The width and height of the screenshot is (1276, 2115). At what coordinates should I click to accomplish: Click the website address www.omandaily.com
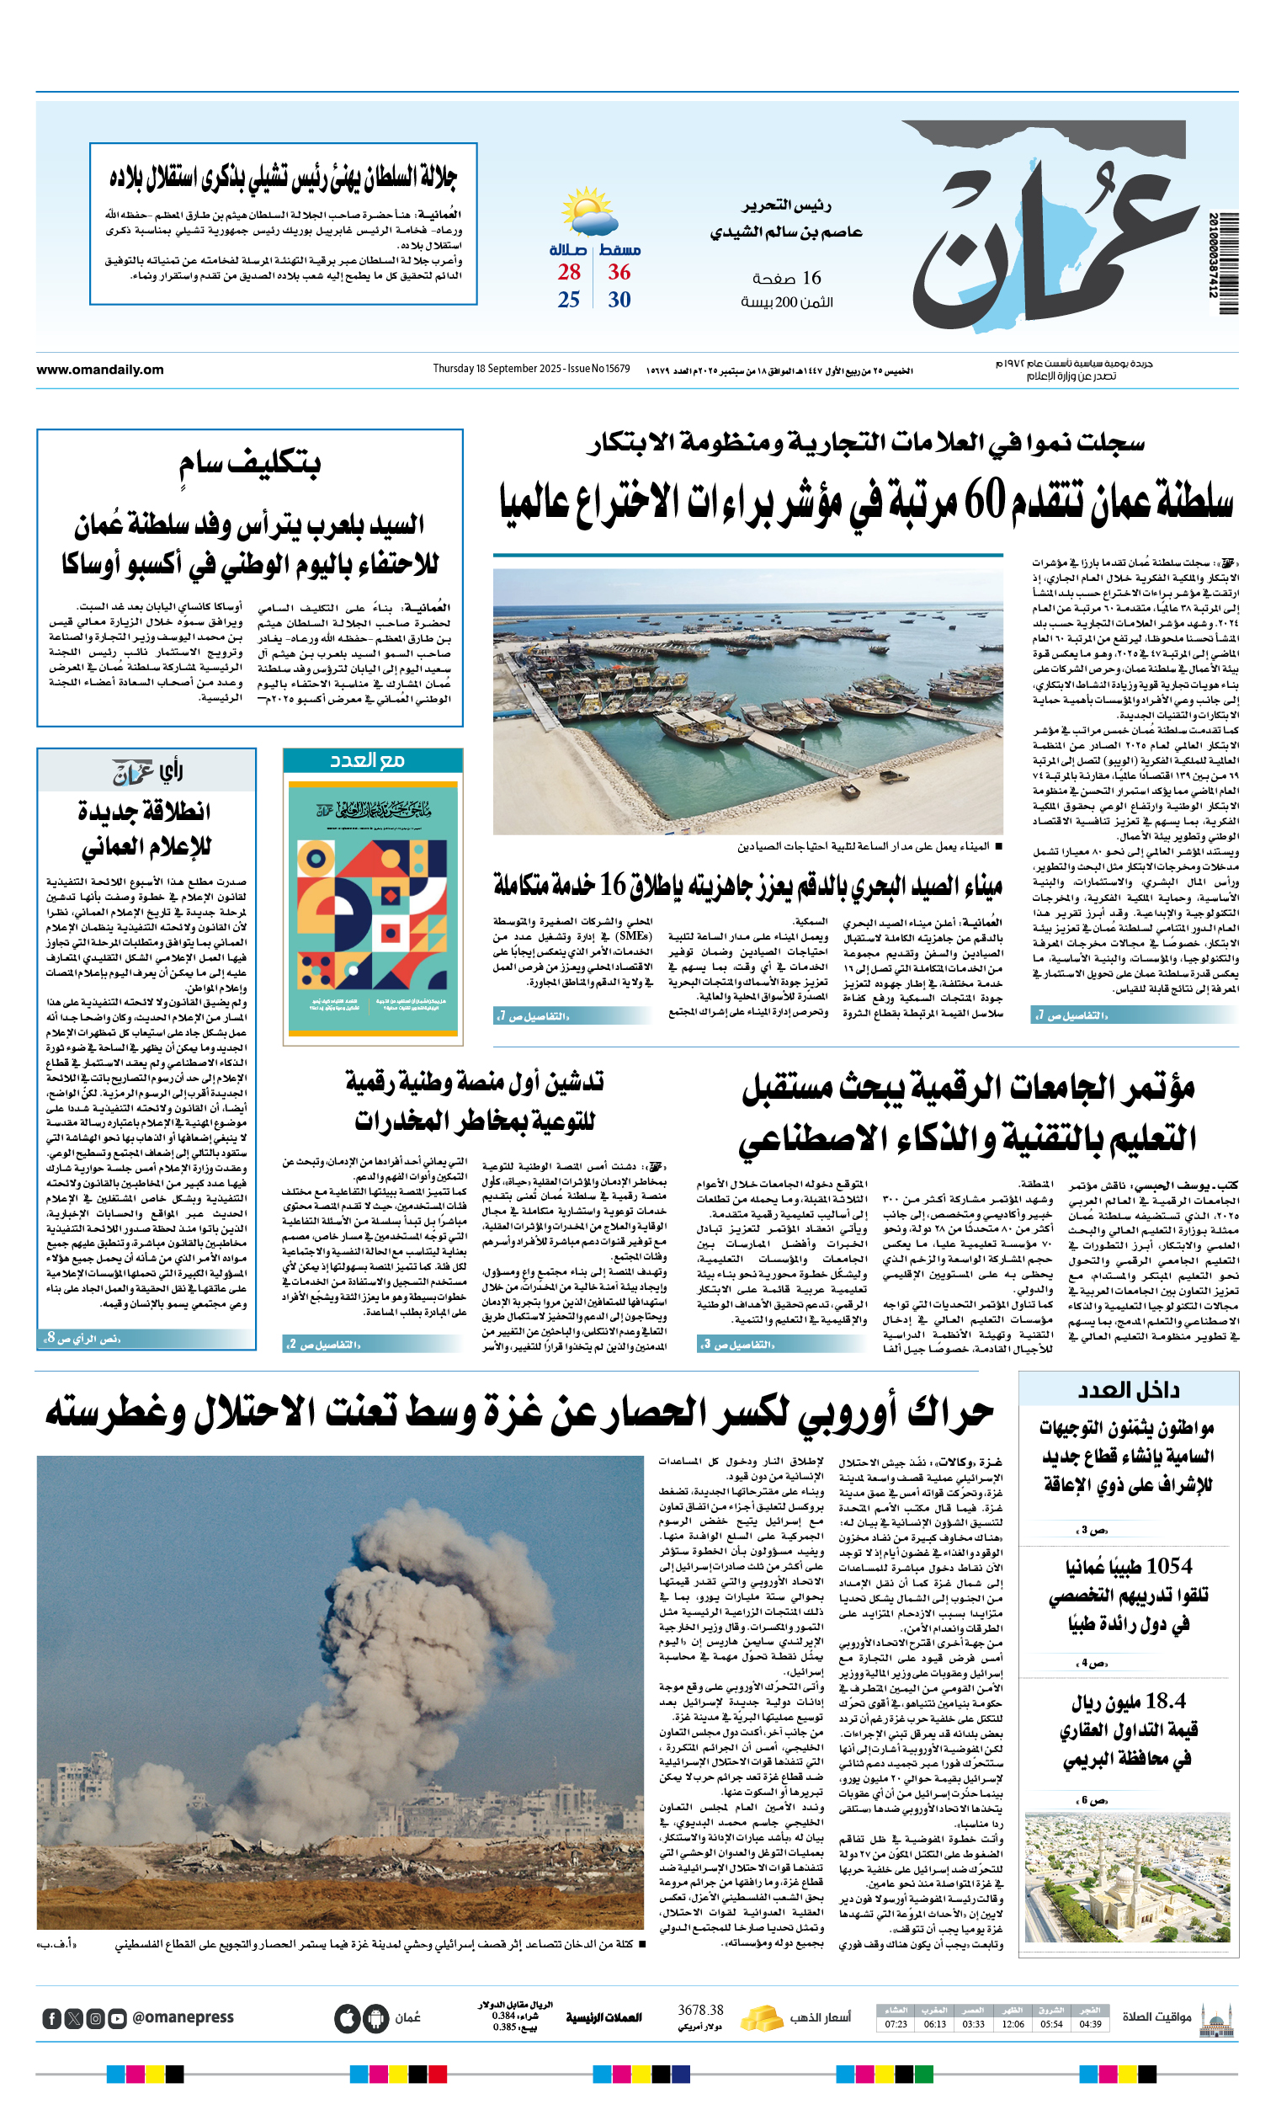[99, 370]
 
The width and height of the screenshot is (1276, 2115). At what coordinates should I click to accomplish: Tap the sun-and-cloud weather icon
[588, 212]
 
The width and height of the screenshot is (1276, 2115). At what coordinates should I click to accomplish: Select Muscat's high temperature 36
[619, 273]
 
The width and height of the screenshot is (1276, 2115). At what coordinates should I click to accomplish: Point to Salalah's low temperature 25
[568, 301]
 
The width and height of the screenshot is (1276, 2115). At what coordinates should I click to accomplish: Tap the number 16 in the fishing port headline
[613, 883]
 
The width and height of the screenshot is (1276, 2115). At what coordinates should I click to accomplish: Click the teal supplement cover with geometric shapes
[372, 908]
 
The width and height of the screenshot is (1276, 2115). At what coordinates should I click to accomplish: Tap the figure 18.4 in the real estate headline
[1165, 1701]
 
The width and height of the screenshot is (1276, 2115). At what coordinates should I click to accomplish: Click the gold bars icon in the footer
[760, 2017]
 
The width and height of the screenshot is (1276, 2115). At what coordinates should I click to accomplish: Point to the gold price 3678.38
[700, 2011]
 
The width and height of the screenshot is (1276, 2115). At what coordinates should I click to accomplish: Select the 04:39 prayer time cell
[1090, 2024]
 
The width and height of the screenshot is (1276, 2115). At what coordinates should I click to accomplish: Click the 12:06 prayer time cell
[1013, 2024]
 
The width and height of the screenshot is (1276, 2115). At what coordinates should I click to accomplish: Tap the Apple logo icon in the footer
[347, 2018]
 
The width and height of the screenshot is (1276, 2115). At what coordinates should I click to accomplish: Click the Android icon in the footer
[375, 2018]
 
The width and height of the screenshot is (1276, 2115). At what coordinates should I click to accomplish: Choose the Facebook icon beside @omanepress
[51, 2018]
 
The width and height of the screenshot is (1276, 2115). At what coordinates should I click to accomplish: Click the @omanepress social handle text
[183, 2017]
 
